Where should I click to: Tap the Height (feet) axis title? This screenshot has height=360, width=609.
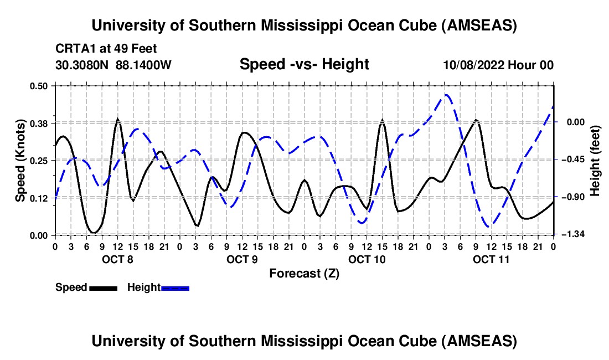[x=595, y=161]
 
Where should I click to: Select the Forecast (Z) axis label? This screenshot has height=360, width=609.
[x=304, y=273]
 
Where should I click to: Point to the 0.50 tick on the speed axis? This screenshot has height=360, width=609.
[x=40, y=86]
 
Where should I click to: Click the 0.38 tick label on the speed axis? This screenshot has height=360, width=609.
[x=40, y=123]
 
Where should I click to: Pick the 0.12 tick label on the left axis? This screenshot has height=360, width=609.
[x=40, y=198]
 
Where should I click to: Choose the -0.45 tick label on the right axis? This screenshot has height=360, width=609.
[x=573, y=160]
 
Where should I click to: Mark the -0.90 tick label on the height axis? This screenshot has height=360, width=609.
[x=573, y=198]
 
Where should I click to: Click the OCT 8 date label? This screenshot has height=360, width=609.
[x=117, y=259]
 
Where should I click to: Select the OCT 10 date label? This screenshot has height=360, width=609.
[x=367, y=259]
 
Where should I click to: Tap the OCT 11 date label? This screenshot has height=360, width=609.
[x=491, y=259]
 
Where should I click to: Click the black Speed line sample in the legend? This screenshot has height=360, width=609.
[x=103, y=288]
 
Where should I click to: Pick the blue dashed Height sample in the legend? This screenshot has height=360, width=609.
[x=175, y=288]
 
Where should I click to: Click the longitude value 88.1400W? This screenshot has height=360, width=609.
[x=143, y=65]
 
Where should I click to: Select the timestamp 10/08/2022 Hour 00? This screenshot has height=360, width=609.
[x=498, y=65]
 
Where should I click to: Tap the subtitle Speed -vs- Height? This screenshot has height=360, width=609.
[x=304, y=64]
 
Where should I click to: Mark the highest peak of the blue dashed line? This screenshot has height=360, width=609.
[x=446, y=95]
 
